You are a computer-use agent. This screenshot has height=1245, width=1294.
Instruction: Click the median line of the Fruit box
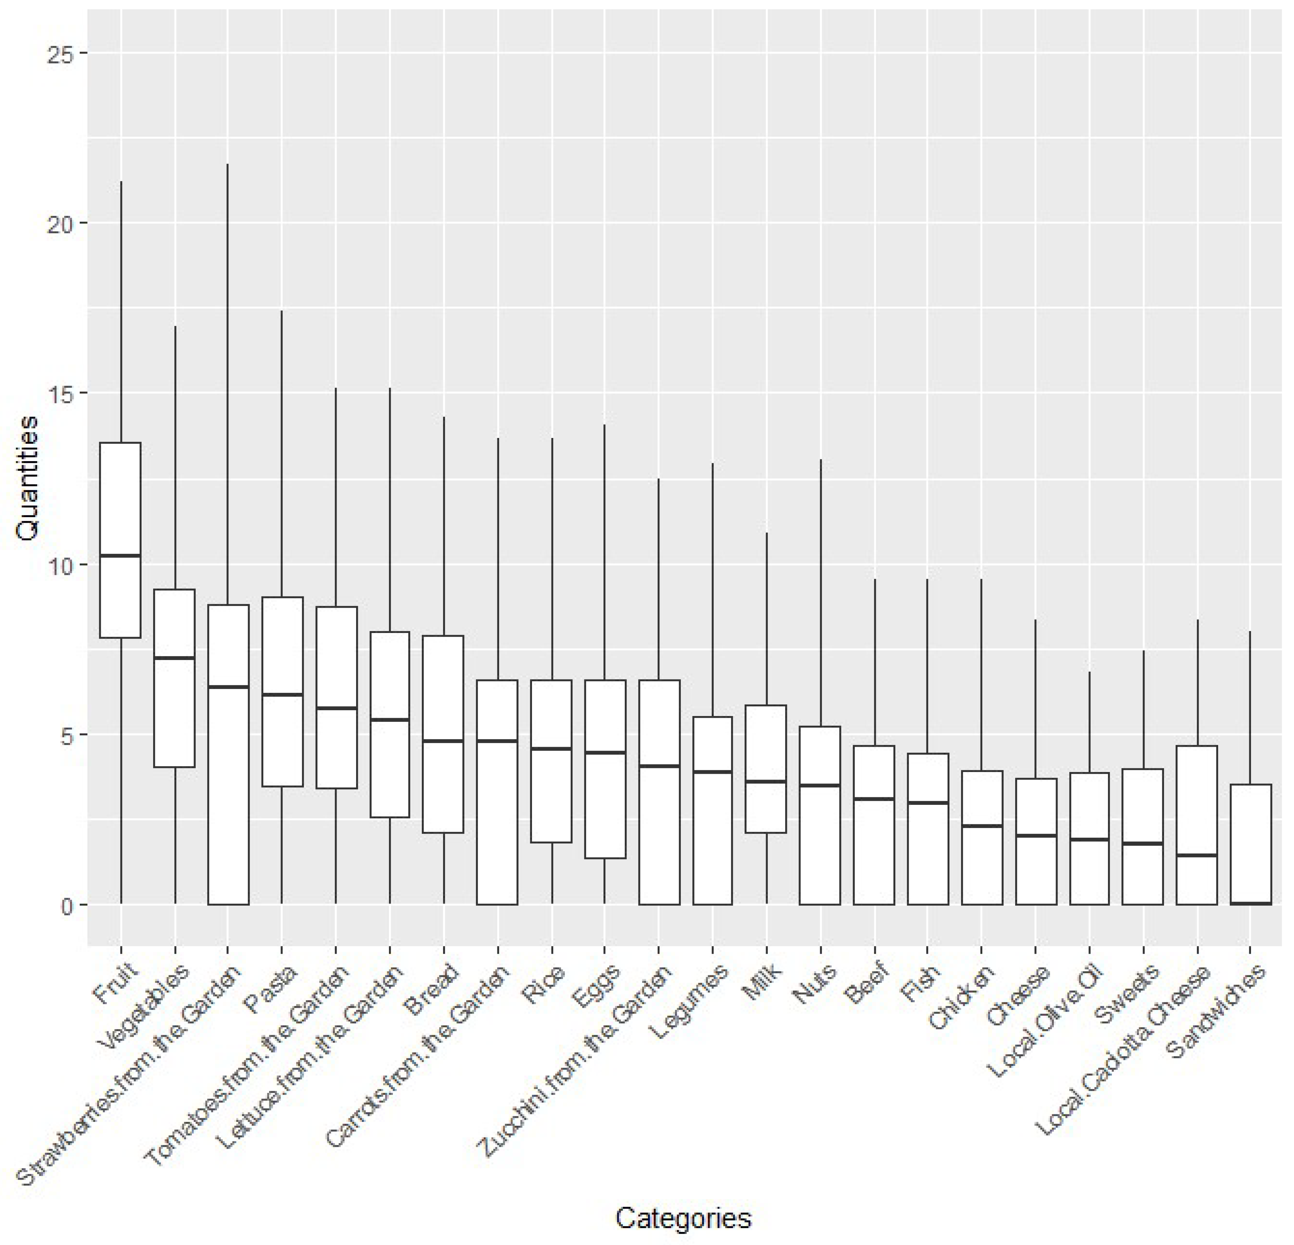coord(120,556)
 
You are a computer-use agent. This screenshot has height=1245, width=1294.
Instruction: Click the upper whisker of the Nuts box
coord(821,594)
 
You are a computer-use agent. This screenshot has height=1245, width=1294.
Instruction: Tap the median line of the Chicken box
coord(982,826)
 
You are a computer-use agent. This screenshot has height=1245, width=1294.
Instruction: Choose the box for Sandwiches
coord(1251,845)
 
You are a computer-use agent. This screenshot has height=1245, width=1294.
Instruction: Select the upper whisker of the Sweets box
coord(1143,710)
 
